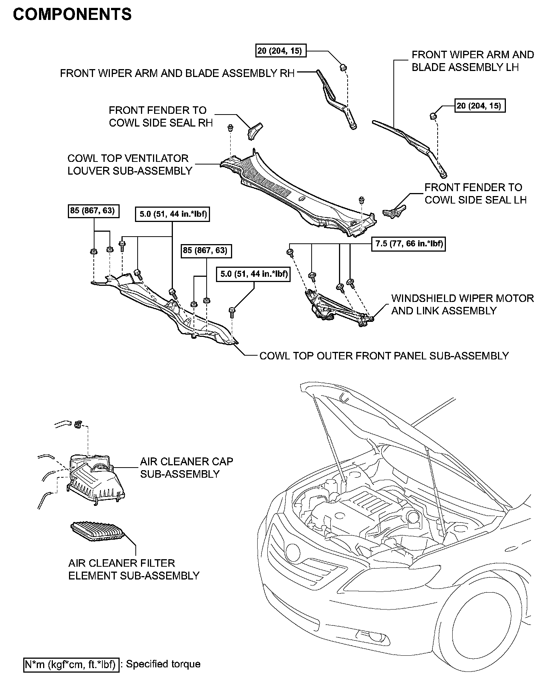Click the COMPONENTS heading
[72, 15]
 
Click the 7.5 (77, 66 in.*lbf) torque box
[408, 244]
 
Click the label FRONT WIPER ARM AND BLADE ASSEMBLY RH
[177, 73]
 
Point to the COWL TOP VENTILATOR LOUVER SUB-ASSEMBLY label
[129, 164]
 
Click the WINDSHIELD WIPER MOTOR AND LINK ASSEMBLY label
[462, 305]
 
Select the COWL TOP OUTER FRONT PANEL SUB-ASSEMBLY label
[384, 356]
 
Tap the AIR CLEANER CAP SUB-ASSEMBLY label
[186, 468]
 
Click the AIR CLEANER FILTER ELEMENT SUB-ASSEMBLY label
[133, 569]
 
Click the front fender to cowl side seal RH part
[255, 130]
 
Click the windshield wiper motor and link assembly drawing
[337, 307]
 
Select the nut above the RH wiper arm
[343, 67]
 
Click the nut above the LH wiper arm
[433, 115]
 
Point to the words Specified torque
[163, 664]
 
